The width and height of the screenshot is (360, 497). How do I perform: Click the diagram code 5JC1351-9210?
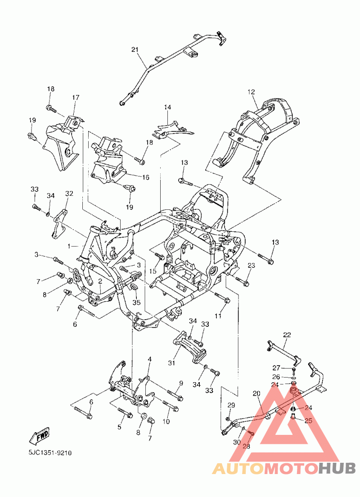(x=50, y=453)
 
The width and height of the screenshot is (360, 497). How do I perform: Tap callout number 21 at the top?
(x=135, y=50)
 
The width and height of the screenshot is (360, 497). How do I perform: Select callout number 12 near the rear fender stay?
(x=251, y=92)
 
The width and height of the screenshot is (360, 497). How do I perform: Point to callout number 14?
(x=168, y=107)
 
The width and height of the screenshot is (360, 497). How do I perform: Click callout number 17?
(x=76, y=98)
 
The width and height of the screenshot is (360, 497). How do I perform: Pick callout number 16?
(x=145, y=177)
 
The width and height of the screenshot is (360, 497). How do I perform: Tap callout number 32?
(x=69, y=193)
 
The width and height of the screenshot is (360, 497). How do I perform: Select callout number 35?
(x=136, y=303)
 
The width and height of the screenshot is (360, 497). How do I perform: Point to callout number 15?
(x=153, y=271)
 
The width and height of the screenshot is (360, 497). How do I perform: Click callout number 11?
(x=218, y=316)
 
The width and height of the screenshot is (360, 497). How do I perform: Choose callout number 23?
(x=251, y=266)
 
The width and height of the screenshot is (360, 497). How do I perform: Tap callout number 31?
(x=171, y=363)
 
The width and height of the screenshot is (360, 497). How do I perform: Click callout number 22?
(x=287, y=335)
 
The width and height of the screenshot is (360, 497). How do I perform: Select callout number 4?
(x=149, y=359)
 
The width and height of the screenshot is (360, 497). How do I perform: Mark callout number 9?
(x=181, y=383)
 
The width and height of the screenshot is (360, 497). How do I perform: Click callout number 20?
(x=256, y=393)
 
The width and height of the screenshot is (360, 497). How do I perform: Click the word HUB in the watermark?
(x=337, y=468)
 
